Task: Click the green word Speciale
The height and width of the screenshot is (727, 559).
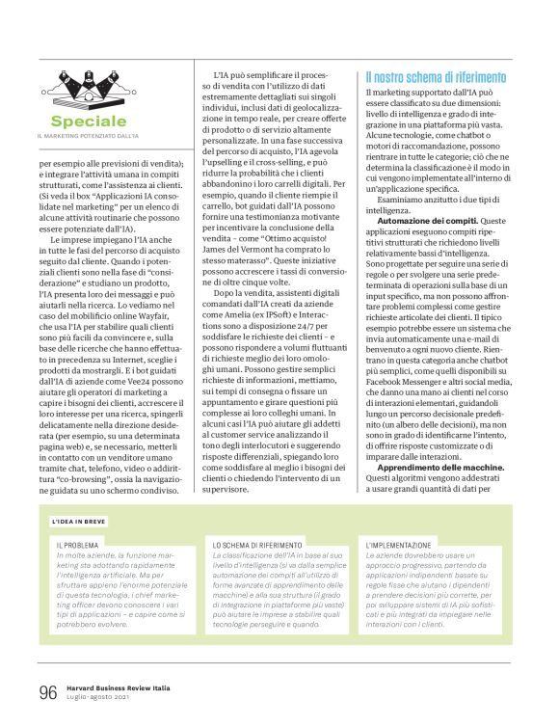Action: [x=89, y=121]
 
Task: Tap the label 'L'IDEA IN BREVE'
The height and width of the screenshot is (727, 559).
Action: [x=80, y=523]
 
